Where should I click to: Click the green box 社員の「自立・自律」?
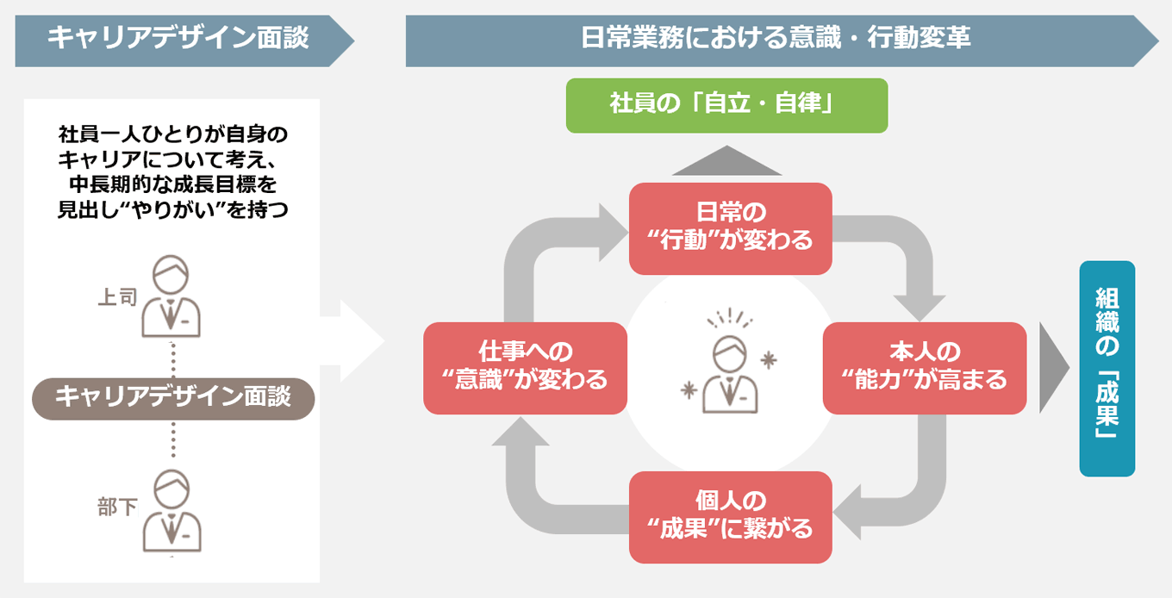726,105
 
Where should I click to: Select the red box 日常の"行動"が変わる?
730,228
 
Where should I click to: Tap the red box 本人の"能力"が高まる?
925,368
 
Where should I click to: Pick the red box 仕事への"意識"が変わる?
525,368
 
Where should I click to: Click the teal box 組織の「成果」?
1107,369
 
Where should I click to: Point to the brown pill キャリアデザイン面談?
173,397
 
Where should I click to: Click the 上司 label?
117,299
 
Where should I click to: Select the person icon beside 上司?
171,297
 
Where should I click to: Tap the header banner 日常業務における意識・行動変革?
776,40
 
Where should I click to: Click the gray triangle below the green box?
726,162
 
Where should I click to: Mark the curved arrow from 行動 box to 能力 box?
909,259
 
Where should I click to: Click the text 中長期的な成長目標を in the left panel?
172,184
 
